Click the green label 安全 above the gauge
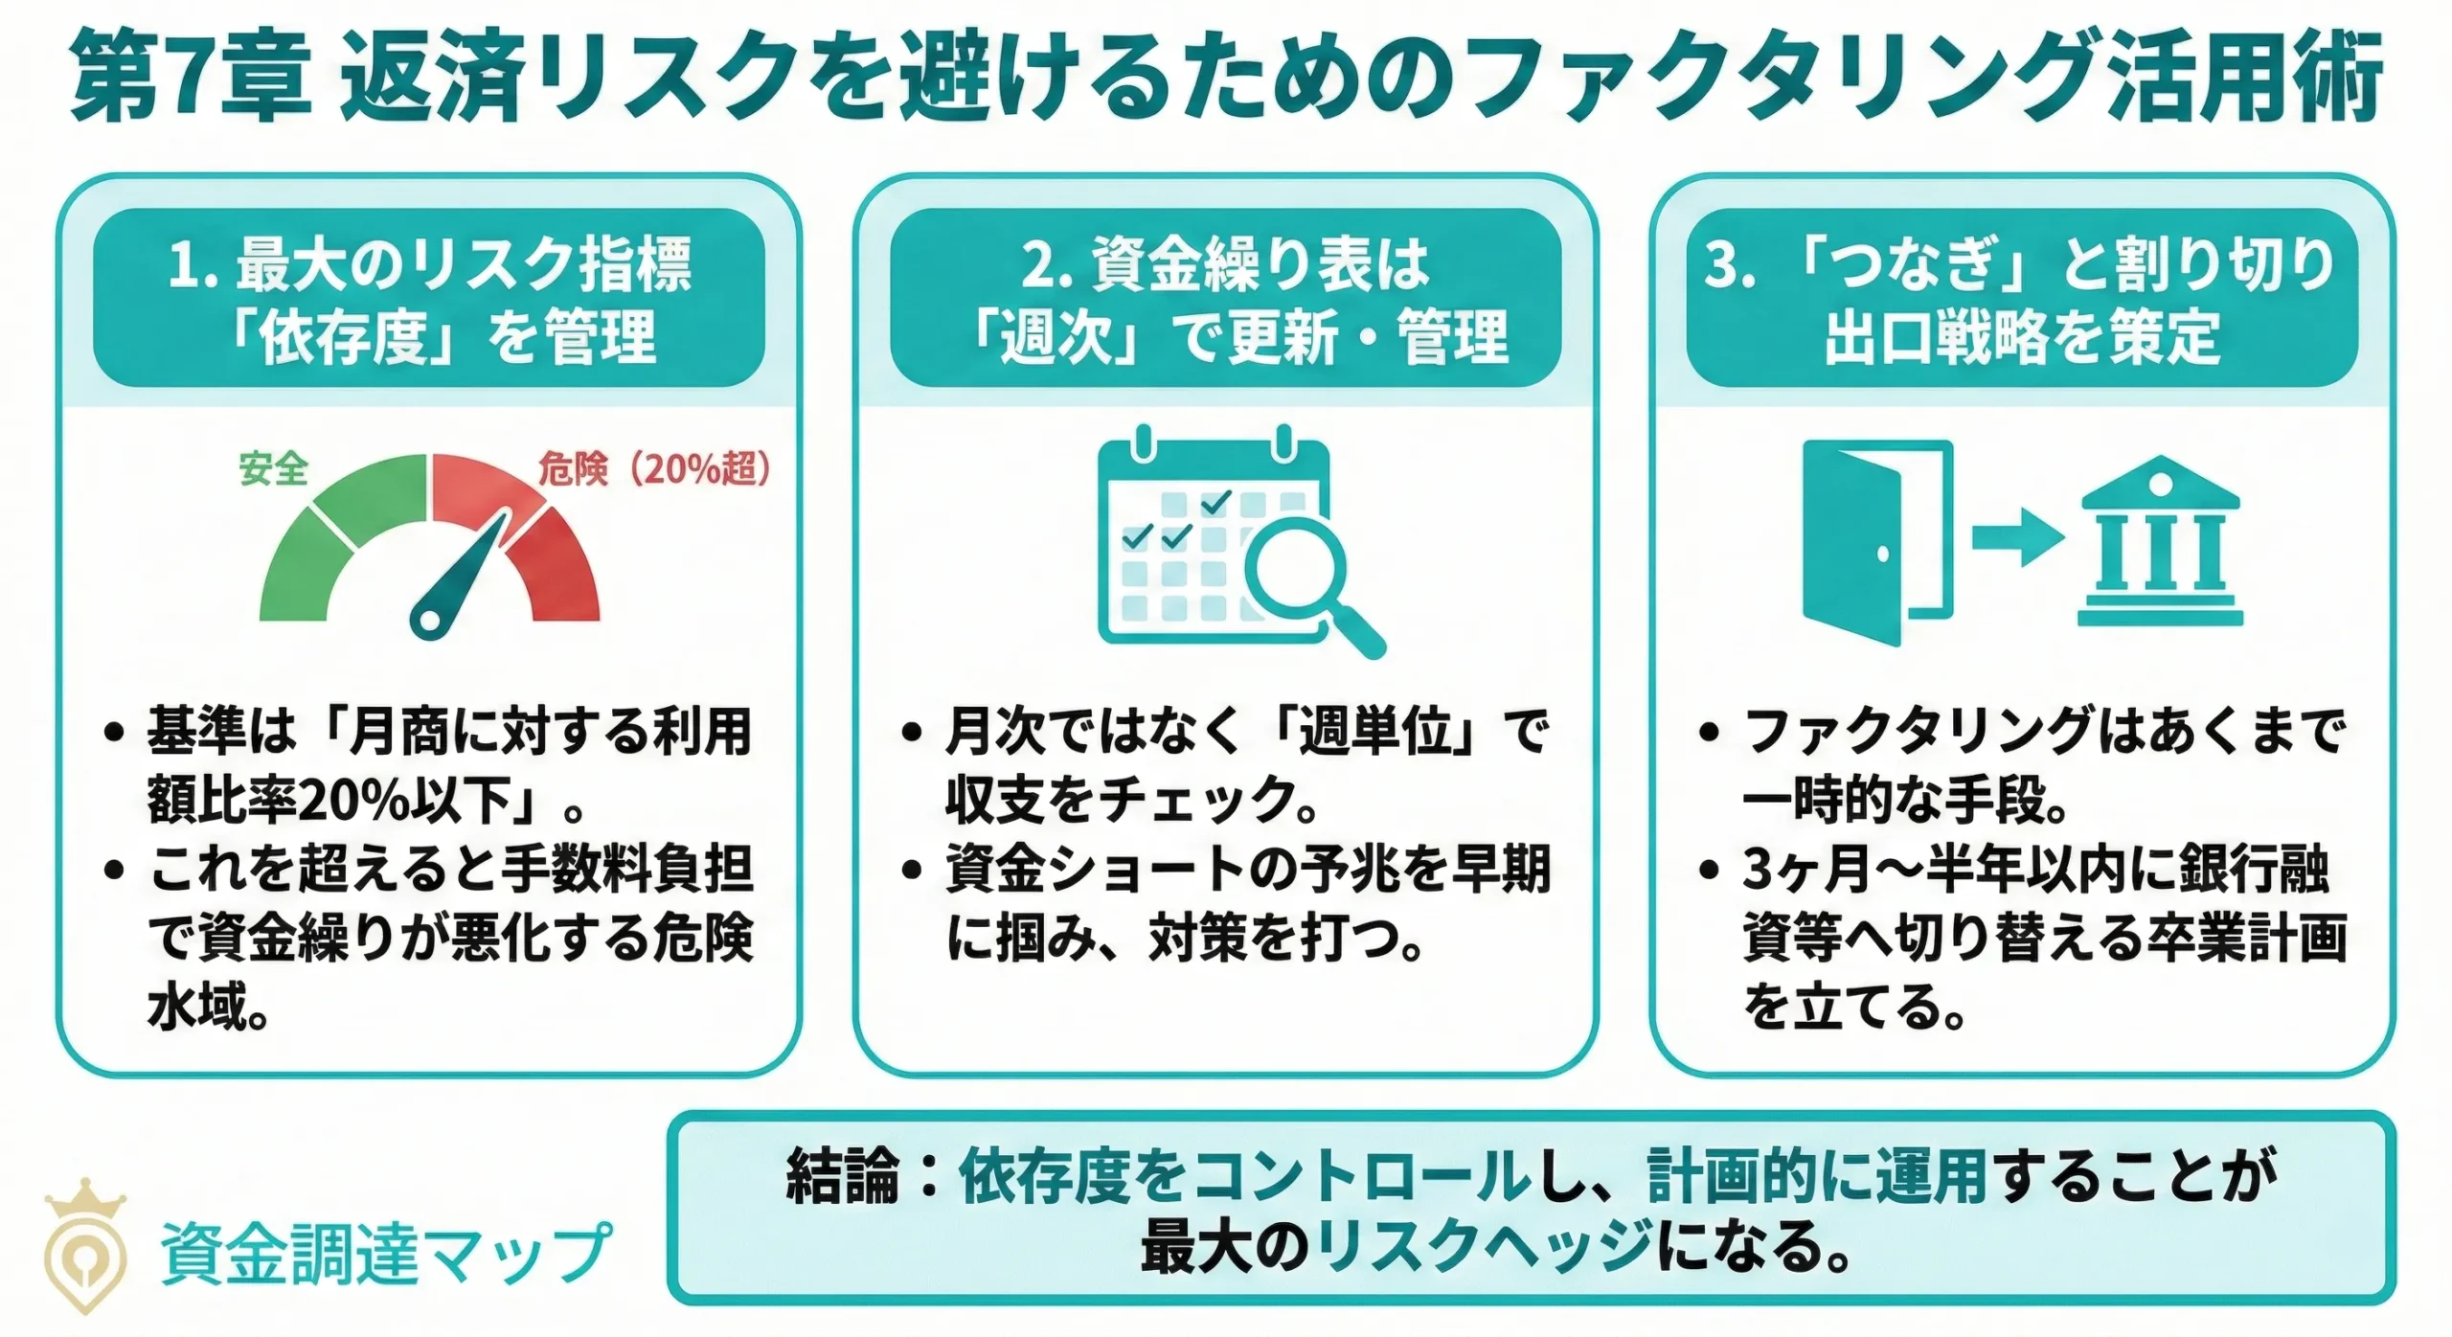pyautogui.click(x=273, y=469)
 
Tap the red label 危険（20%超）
pyautogui.click(x=653, y=469)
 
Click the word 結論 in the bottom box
pyautogui.click(x=843, y=1176)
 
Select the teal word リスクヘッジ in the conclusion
pyautogui.click(x=1485, y=1247)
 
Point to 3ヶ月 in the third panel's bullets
pyautogui.click(x=1805, y=870)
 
